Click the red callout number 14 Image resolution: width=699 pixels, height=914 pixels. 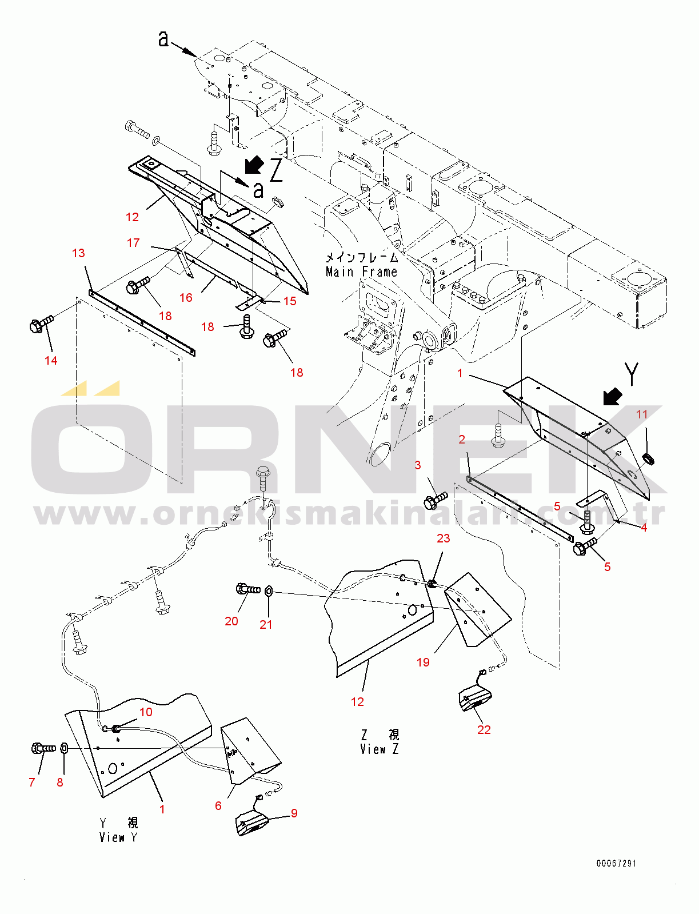pos(51,360)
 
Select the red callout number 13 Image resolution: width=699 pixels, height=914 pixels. pos(78,253)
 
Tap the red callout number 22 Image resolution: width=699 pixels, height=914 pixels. pos(484,729)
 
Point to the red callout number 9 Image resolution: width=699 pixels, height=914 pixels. pos(294,813)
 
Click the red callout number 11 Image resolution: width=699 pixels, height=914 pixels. pos(642,414)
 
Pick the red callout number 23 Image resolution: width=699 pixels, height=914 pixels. pos(443,538)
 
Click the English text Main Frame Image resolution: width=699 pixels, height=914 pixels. pos(361,272)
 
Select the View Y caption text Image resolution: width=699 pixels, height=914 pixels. pos(118,837)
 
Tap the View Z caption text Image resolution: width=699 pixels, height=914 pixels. pos(379,749)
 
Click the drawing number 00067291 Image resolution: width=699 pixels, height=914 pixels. pos(616,863)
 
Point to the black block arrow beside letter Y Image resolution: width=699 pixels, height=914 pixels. pos(613,396)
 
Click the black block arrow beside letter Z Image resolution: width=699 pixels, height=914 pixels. pos(254,165)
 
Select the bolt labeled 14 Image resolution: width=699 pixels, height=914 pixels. pos(40,325)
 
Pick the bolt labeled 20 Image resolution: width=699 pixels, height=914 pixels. pos(247,589)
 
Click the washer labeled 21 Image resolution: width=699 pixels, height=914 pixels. pos(269,591)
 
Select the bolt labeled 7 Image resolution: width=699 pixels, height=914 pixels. pos(43,748)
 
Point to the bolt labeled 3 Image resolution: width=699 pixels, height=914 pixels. pos(436,501)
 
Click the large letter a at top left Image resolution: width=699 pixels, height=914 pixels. pos(163,39)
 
